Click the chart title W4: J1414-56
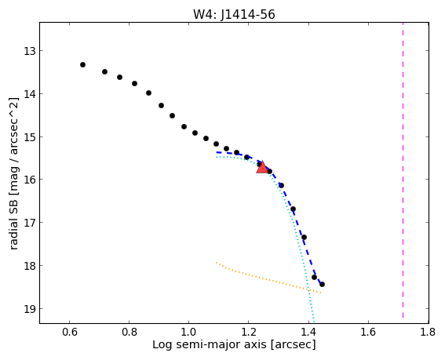tap(234, 15)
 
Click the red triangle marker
tap(262, 167)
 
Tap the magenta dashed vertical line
tap(403, 170)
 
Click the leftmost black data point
tap(82, 64)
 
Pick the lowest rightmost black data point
tap(322, 284)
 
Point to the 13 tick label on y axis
tap(29, 51)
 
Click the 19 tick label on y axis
tap(29, 309)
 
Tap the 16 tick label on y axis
tap(29, 180)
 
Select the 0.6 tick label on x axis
tap(70, 332)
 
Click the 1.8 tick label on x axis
tap(428, 332)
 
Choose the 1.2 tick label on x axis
tap(249, 332)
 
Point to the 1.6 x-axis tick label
tap(368, 332)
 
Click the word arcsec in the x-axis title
tap(293, 345)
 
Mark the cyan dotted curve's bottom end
tap(314, 322)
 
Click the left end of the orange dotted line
tap(217, 263)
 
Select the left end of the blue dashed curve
tap(217, 152)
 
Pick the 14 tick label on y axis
tap(29, 94)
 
